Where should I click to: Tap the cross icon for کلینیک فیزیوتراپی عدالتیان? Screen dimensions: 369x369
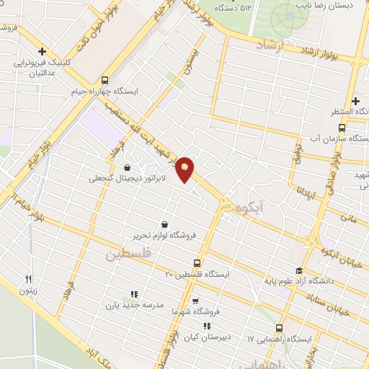tap(43, 51)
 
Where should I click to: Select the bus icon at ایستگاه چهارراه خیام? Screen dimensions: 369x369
tap(105, 81)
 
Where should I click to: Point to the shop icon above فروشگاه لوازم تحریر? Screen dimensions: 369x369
tap(166, 224)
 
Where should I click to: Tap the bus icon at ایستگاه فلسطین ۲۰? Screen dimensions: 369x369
tap(197, 264)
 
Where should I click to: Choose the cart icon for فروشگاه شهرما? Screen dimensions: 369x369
tap(195, 301)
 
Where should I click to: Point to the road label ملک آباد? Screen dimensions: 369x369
tap(101, 357)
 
